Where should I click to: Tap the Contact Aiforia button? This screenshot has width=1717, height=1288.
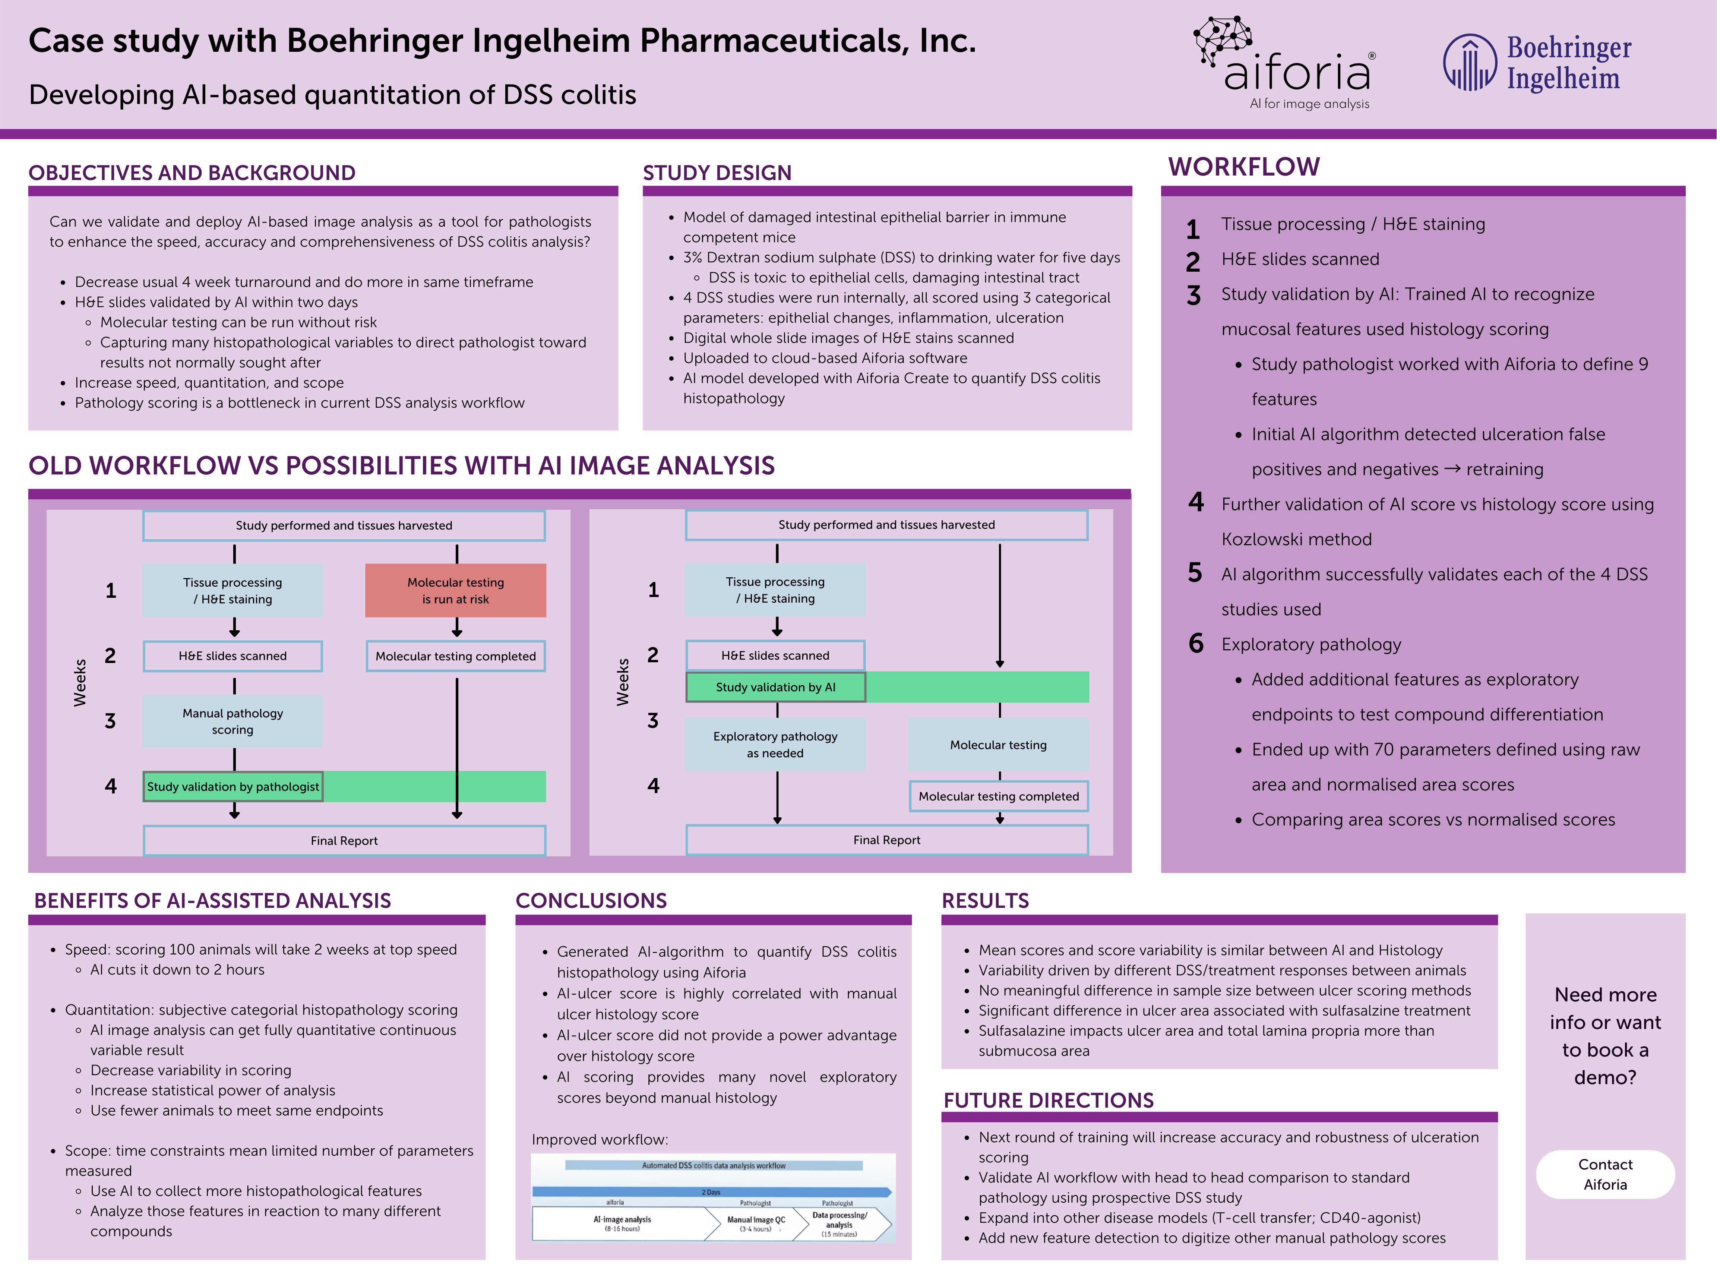point(1604,1174)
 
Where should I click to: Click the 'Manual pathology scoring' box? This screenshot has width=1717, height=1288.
point(233,721)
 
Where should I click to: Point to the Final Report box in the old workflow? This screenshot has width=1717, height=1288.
point(344,840)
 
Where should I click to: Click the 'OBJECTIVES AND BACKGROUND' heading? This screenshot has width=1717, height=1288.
point(192,172)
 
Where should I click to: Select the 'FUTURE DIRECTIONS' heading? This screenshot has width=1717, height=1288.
point(1048,1100)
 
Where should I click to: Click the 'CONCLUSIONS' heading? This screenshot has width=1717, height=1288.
point(591,900)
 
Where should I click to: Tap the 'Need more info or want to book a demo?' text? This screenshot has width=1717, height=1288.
point(1604,1036)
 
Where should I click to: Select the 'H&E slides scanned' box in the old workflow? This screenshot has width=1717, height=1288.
point(233,656)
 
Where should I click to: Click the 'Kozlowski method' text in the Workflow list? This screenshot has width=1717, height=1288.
point(1296,539)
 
